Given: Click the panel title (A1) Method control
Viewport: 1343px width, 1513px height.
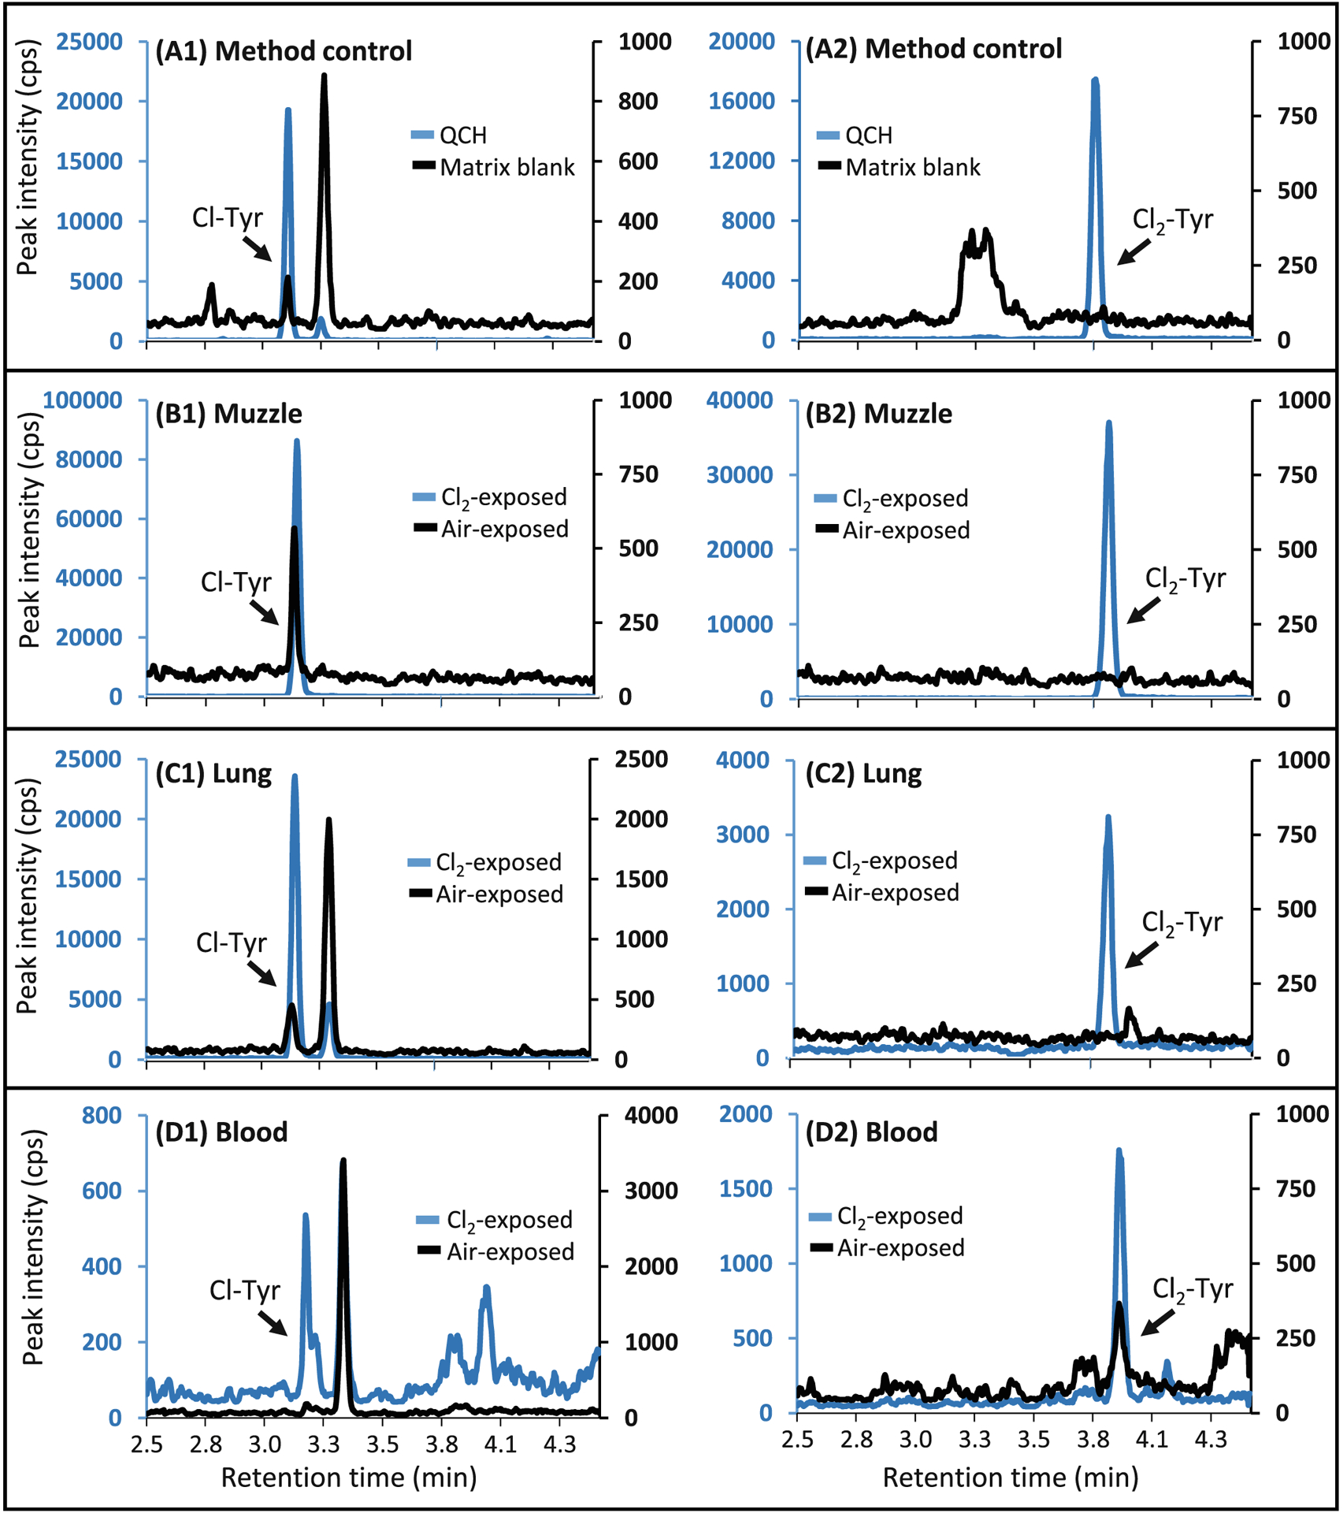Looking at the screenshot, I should click(284, 51).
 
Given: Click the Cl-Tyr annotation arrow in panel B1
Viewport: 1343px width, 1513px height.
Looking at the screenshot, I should click(264, 612).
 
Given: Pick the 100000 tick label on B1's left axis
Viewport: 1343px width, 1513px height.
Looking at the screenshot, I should click(83, 400).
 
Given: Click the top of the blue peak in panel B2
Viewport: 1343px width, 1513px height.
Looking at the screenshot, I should click(1109, 424).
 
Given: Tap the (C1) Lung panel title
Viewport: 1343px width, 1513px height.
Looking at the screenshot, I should click(213, 774).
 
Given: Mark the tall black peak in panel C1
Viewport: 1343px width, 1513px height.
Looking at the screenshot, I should click(329, 821).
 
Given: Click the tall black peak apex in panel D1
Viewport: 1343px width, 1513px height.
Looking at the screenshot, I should click(343, 1162).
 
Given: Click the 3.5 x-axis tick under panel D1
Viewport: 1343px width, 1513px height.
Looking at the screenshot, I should click(382, 1444).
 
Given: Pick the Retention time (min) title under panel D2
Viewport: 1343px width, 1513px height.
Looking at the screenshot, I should click(1011, 1477).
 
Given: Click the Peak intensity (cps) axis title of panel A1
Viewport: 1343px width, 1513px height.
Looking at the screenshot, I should click(28, 169).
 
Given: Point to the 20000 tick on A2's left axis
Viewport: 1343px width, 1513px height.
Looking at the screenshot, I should click(741, 41).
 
